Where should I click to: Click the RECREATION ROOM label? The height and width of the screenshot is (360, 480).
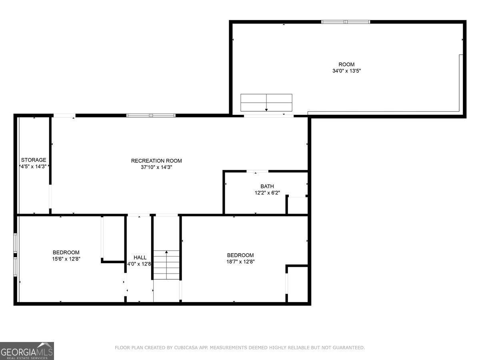click(x=156, y=161)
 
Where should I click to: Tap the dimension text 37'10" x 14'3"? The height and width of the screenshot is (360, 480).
click(x=156, y=167)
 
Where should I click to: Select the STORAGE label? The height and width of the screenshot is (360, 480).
click(x=34, y=160)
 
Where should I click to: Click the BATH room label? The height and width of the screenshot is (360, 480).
click(x=267, y=186)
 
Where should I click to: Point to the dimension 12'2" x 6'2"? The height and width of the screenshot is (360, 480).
click(x=267, y=193)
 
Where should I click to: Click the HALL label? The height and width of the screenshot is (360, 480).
click(x=140, y=258)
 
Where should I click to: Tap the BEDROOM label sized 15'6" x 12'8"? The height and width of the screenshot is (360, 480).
click(x=66, y=252)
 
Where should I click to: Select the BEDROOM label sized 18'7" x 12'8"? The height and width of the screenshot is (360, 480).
click(x=240, y=255)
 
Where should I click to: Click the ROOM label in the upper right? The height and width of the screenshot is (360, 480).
click(x=346, y=64)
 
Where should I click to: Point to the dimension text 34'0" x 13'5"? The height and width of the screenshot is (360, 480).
click(x=346, y=71)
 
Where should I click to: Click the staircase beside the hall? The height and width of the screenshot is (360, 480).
click(x=166, y=265)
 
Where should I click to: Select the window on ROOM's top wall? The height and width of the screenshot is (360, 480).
click(x=346, y=22)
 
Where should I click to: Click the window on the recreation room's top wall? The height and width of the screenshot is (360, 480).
click(x=151, y=116)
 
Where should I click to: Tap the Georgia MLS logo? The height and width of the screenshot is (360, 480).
click(x=27, y=351)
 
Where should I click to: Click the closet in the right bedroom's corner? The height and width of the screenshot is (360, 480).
click(x=298, y=284)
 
